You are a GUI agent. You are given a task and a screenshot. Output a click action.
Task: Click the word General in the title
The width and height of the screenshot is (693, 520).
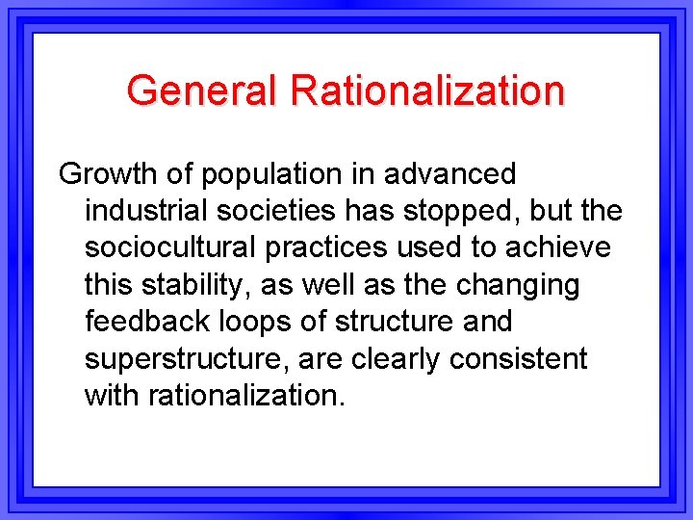click(202, 91)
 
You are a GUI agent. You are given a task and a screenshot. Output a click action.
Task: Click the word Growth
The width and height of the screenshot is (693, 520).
click(108, 175)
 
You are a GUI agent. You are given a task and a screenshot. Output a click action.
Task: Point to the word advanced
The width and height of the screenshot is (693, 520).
click(450, 175)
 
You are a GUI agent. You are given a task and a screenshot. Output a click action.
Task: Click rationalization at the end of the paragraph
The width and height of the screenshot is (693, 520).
click(246, 395)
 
